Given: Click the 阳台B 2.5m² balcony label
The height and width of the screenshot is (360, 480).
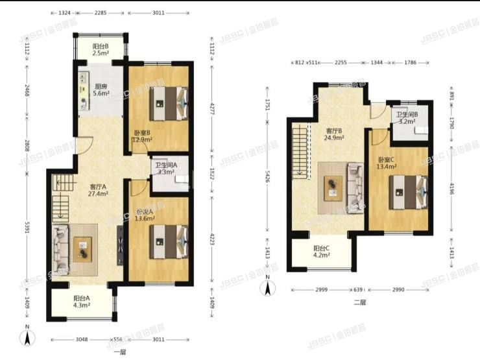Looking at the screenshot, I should coord(100,51).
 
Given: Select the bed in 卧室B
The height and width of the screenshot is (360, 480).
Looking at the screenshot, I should coord(168,100).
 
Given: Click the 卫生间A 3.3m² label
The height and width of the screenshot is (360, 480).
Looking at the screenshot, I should coord(171,168).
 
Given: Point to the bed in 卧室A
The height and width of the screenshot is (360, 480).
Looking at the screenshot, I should coord(168,239).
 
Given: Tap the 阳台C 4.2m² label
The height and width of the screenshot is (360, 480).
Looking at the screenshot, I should coord(322,252).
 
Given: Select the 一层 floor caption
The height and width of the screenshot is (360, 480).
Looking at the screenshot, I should coord(119,352).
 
